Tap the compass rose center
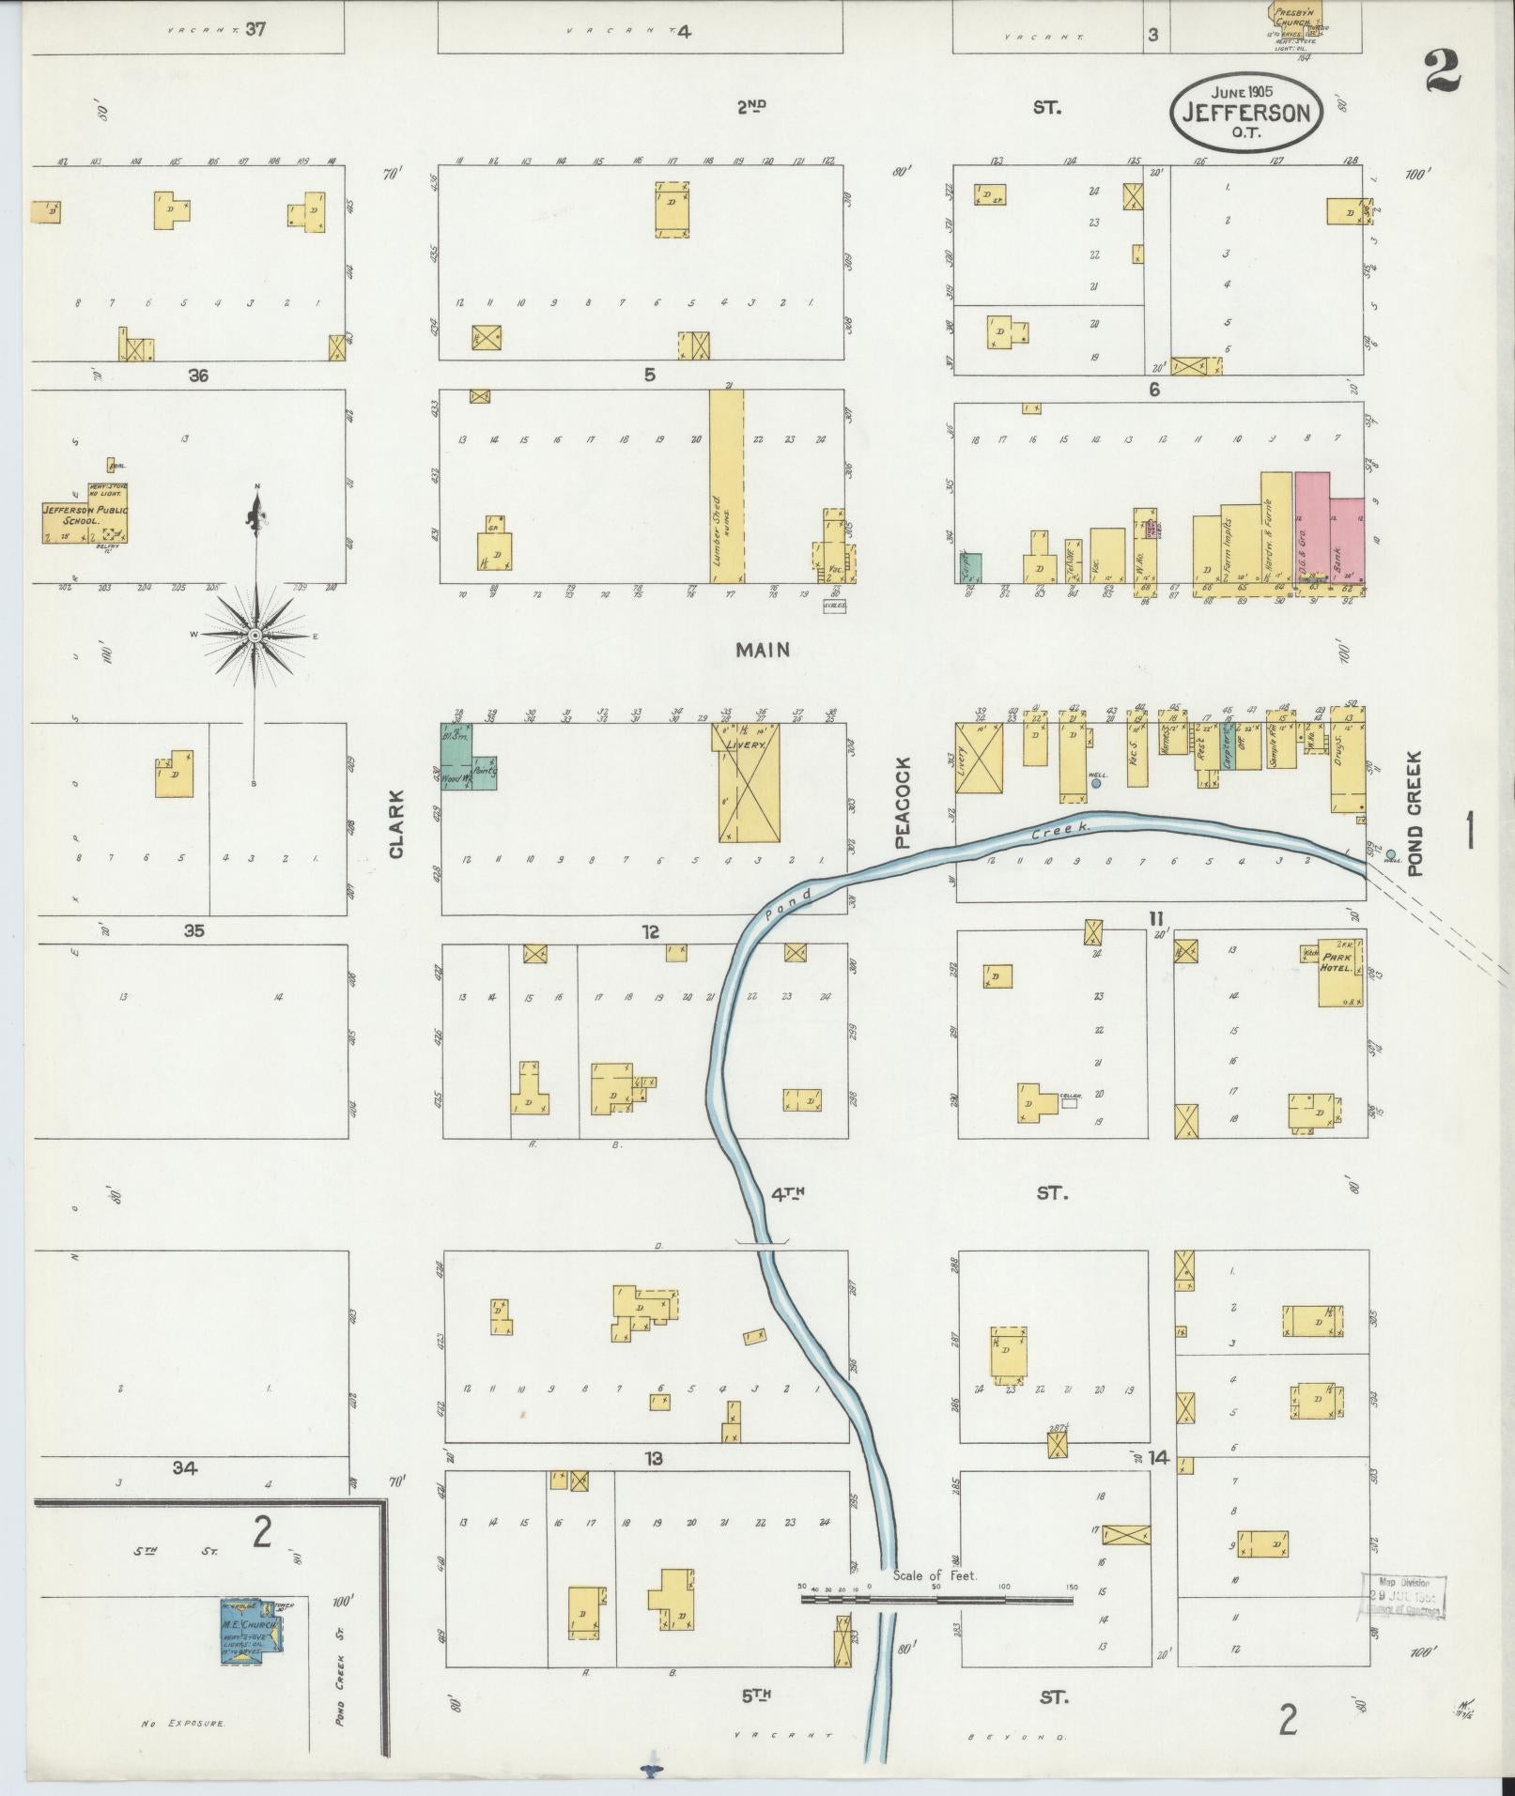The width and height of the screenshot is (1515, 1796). [255, 637]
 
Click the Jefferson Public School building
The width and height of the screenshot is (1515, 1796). [85, 513]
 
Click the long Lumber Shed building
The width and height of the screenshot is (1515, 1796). [726, 487]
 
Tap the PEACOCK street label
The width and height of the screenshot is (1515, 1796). [904, 803]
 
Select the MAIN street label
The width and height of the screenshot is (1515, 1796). [762, 650]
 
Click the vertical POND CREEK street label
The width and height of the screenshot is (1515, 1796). [1415, 812]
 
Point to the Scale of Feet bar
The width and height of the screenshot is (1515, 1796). [936, 1598]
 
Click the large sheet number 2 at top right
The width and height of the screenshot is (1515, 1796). [1442, 70]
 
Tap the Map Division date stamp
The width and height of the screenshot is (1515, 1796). [1402, 1597]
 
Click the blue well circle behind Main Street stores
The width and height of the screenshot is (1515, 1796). [1095, 782]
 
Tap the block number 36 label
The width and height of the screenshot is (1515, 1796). [197, 376]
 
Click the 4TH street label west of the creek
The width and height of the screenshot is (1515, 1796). [788, 1194]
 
